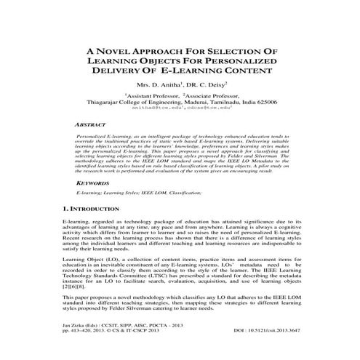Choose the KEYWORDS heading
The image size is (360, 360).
tap(96, 184)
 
